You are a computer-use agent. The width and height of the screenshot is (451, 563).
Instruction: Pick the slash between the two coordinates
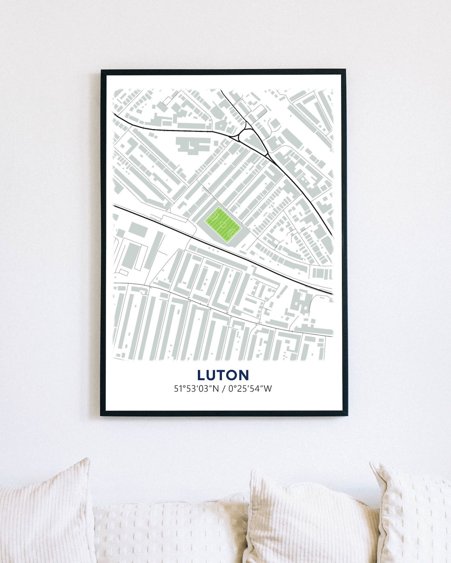click(221, 389)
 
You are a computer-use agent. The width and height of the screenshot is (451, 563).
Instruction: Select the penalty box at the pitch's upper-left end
click(215, 216)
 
